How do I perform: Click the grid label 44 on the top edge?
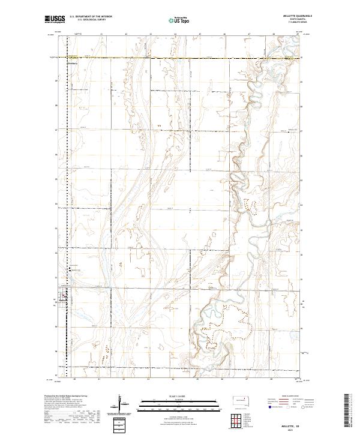coord(175,35)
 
